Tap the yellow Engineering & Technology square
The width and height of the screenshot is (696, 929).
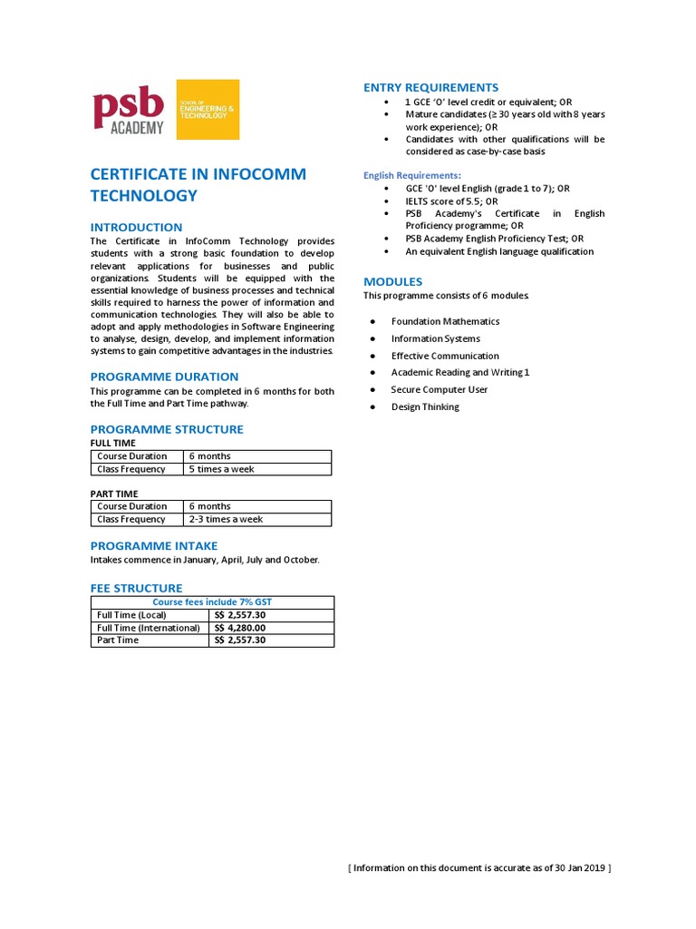(208, 110)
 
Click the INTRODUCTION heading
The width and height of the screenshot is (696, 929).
(136, 227)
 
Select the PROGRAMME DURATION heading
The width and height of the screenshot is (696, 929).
(164, 376)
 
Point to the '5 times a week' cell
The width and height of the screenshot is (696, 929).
(221, 469)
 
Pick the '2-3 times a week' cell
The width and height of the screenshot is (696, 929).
(226, 519)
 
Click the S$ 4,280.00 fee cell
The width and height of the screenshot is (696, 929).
(240, 627)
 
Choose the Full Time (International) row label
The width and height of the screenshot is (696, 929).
(149, 627)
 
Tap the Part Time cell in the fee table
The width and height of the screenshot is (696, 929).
(118, 640)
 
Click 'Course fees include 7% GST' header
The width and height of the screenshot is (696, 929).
(212, 602)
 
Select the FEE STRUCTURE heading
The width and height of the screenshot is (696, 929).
(136, 588)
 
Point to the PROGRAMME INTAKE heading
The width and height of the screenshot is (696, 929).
(154, 545)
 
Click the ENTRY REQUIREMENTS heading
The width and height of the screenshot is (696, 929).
(430, 87)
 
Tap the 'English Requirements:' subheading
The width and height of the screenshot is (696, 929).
(412, 175)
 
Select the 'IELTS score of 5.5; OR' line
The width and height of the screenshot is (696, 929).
(452, 201)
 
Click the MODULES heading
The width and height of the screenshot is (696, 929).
(392, 281)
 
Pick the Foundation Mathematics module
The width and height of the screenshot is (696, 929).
(445, 321)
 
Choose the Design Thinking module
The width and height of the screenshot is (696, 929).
(425, 406)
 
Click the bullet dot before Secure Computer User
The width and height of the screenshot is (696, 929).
(372, 390)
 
